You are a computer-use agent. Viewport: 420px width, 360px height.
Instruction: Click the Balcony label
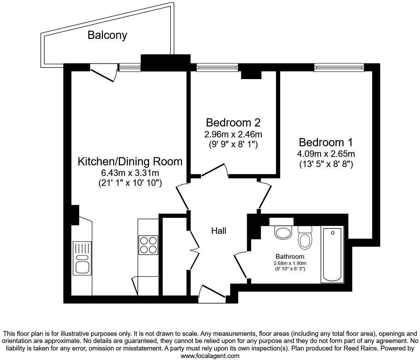[107, 35]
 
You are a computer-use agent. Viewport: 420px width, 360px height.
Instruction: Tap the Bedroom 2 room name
[233, 122]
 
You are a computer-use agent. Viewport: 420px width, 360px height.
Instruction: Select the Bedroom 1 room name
[326, 142]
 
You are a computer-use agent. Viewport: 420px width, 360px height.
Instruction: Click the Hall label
[219, 231]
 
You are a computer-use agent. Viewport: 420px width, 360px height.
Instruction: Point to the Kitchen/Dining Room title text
[130, 162]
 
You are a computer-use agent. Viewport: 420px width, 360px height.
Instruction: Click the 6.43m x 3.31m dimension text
[130, 173]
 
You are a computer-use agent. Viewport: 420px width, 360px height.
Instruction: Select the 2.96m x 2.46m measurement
[233, 134]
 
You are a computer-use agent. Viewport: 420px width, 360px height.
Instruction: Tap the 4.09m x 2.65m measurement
[326, 153]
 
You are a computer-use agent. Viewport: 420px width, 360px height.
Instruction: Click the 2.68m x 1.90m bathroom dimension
[290, 263]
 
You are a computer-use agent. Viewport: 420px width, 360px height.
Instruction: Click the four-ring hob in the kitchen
[148, 245]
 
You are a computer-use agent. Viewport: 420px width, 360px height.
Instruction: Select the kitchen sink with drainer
[82, 258]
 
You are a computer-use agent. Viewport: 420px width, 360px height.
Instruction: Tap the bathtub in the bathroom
[332, 254]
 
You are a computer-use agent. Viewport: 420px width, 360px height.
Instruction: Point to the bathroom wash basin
[283, 232]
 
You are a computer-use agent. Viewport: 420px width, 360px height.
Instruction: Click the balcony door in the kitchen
[102, 75]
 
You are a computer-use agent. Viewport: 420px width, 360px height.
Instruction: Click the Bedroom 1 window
[339, 67]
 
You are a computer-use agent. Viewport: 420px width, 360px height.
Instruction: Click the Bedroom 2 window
[217, 67]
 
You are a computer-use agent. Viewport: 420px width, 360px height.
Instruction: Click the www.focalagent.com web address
[210, 356]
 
